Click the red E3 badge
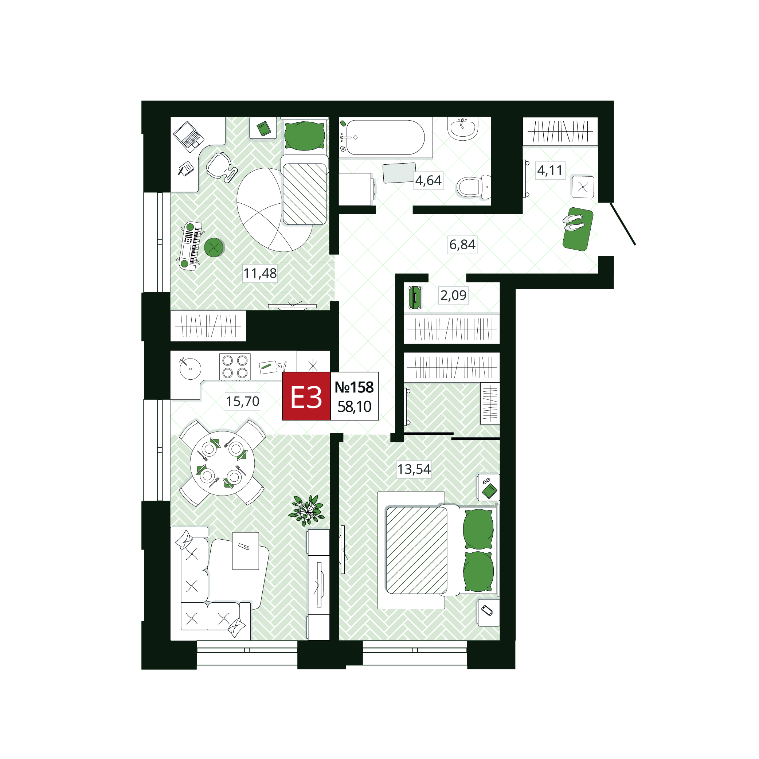click(x=306, y=396)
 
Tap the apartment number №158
click(x=354, y=387)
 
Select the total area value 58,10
click(x=354, y=407)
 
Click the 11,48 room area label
click(x=260, y=273)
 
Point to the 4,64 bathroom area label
click(x=428, y=180)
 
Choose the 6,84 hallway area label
click(x=462, y=244)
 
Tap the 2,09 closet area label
click(x=453, y=295)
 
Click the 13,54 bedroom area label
click(x=414, y=469)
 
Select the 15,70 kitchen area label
click(x=242, y=401)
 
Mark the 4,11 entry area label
click(x=550, y=170)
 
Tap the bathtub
click(x=386, y=137)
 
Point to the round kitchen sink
click(x=190, y=368)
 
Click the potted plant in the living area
click(x=306, y=510)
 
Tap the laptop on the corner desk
click(x=189, y=136)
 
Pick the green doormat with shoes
click(x=578, y=229)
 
